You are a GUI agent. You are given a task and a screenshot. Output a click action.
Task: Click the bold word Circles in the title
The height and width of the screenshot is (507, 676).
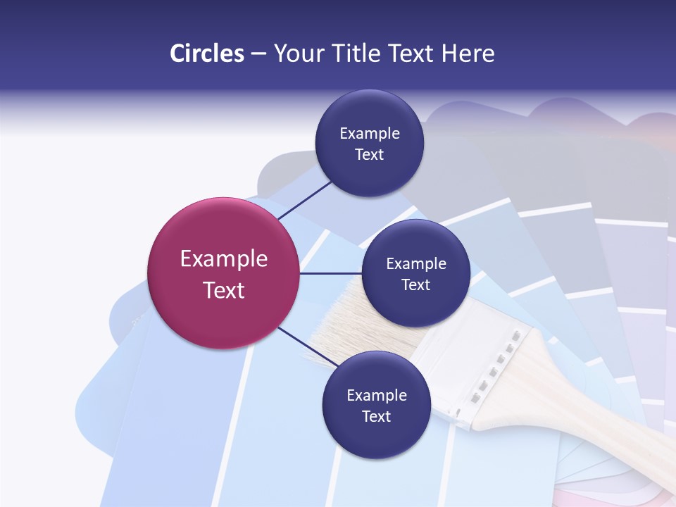[207, 54]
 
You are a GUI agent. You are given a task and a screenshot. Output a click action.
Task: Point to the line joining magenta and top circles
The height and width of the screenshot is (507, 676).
[304, 199]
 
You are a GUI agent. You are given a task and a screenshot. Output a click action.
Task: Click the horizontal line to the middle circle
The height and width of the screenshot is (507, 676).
[330, 273]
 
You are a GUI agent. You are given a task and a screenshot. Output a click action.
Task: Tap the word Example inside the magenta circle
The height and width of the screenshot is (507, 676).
[224, 259]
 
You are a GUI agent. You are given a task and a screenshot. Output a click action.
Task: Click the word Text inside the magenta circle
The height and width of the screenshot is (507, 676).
[224, 290]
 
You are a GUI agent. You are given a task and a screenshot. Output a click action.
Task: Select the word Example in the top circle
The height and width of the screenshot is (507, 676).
[370, 134]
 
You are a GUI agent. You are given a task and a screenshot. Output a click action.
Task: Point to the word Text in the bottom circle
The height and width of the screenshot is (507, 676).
[376, 417]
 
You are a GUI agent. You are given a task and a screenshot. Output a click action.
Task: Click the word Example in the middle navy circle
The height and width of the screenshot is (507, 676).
[416, 264]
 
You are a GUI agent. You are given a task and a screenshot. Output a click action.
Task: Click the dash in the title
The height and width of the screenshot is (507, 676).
[258, 54]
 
